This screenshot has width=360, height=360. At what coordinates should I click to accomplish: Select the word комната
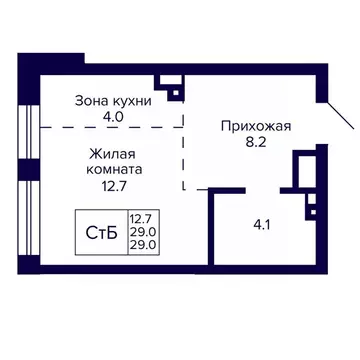pyautogui.click(x=110, y=169)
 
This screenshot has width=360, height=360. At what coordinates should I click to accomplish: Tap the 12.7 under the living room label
pyautogui.click(x=110, y=186)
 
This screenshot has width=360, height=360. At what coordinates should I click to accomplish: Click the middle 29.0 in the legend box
pyautogui.click(x=140, y=232)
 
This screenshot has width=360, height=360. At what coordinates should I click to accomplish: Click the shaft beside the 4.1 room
pyautogui.click(x=302, y=170)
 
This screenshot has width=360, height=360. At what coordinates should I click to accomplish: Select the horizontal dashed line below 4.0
pyautogui.click(x=110, y=126)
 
